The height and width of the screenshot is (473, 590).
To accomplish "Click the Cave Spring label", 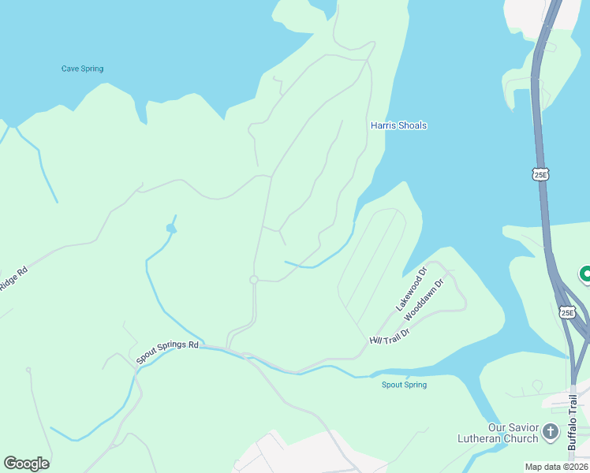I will [82, 69].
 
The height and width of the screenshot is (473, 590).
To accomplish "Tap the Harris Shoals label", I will [398, 125].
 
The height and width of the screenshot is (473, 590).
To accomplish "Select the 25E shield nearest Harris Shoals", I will [540, 175].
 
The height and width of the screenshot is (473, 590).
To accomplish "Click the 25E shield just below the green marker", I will [567, 312].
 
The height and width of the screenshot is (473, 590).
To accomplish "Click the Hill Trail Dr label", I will [390, 337].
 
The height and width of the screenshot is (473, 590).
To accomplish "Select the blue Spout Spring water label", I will [404, 385].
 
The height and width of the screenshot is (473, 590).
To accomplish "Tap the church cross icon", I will [551, 432].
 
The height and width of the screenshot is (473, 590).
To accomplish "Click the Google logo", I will [26, 464].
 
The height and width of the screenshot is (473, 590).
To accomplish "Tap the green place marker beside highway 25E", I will [585, 274].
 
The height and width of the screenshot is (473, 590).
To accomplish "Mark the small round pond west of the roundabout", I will [170, 229].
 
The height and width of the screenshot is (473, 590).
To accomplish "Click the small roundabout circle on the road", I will [254, 280].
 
